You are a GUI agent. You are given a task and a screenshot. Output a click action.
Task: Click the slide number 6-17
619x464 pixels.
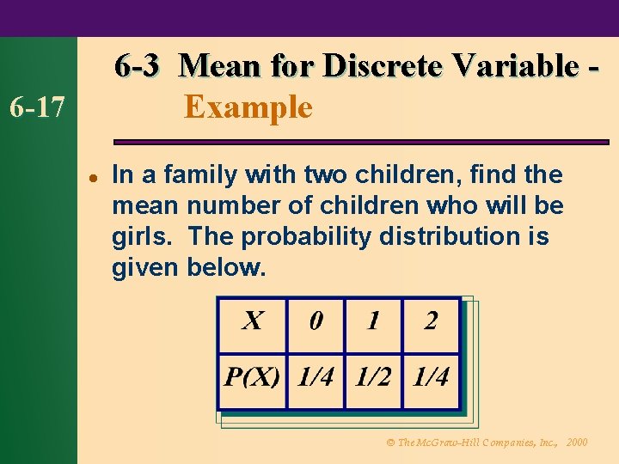[x=36, y=108]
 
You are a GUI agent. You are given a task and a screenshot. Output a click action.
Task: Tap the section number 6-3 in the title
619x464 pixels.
[x=137, y=65]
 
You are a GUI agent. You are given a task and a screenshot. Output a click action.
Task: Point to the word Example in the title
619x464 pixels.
[x=248, y=108]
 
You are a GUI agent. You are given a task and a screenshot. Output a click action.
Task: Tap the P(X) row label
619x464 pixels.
[x=252, y=377]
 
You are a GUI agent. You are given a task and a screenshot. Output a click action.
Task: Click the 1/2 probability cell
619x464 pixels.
[x=373, y=377]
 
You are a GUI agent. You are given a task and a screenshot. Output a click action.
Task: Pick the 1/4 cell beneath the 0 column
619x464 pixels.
[x=316, y=377]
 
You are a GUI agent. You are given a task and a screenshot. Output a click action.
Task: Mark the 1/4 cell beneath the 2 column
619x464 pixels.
[x=431, y=377]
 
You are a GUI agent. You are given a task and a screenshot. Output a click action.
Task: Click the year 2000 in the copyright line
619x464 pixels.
[x=578, y=443]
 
